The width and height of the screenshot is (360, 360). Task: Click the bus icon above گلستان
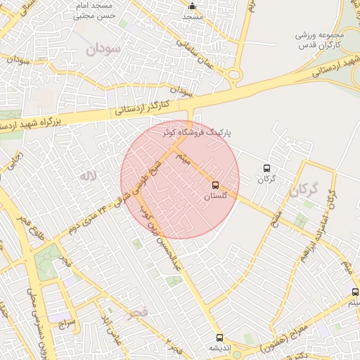(x=215, y=186)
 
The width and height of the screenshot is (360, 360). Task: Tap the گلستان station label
(x=216, y=198)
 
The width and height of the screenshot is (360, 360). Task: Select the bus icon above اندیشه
(x=219, y=337)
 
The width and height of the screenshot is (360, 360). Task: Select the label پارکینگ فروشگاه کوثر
(x=196, y=132)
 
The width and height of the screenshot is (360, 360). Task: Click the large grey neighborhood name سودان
(x=103, y=49)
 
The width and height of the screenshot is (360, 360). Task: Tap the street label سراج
(x=67, y=323)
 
